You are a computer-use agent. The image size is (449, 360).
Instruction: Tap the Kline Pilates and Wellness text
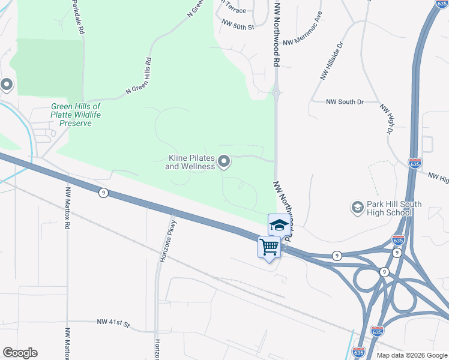[191, 162]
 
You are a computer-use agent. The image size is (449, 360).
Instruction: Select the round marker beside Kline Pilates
[224, 161]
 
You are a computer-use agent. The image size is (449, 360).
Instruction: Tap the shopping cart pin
[269, 247]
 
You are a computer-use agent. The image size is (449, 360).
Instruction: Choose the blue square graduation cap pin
[279, 225]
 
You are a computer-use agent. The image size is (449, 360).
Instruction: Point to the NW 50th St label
[238, 26]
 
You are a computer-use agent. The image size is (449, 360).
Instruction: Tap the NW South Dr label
[346, 102]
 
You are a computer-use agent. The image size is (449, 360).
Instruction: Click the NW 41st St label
[113, 322]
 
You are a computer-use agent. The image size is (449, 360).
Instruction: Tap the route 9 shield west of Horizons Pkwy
[103, 193]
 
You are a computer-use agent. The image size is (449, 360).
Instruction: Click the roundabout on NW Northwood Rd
[276, 93]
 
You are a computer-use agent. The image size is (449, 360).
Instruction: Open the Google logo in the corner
[20, 353]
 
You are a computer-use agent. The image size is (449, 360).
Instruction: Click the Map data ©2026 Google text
[412, 355]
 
